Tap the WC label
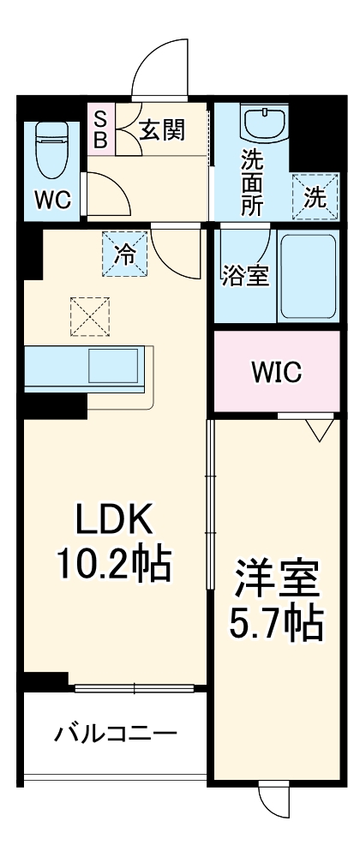(52, 200)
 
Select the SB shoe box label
(100, 129)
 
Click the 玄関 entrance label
(162, 130)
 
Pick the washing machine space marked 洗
(315, 197)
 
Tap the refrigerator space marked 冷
(125, 254)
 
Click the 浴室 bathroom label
(245, 276)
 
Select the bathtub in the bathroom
(309, 277)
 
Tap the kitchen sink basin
(114, 366)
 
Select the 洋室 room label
(276, 581)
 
